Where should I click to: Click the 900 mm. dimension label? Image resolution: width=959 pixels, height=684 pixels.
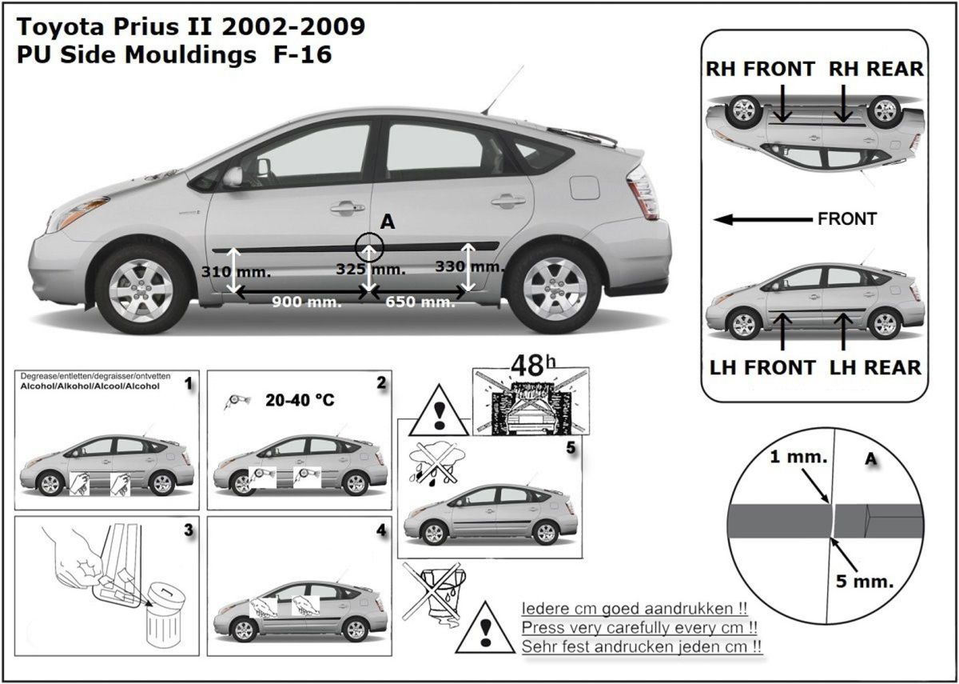point(307,302)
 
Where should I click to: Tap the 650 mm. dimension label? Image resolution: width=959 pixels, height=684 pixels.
point(420,302)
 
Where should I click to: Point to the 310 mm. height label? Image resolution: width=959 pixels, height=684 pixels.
point(236,272)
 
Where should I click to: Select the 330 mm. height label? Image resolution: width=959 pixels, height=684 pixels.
point(470,266)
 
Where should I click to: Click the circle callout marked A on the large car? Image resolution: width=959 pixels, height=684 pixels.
point(369,248)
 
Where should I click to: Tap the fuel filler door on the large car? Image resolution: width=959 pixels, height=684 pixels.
point(585,187)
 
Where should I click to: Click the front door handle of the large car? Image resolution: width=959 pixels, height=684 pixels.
point(347,207)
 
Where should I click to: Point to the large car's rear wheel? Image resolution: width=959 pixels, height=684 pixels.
point(555,289)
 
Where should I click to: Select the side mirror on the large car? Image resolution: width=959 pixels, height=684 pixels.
point(233,176)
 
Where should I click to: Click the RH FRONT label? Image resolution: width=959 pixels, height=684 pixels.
point(760,70)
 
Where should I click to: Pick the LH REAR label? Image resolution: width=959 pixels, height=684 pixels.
point(876,368)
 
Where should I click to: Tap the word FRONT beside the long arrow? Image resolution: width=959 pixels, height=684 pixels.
point(847,219)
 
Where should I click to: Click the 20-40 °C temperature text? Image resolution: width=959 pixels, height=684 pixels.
point(300,400)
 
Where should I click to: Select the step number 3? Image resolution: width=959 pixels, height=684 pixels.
point(189,530)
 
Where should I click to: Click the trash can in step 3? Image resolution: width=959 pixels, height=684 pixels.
point(165,616)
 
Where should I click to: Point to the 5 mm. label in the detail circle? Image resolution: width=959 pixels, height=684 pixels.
point(865,582)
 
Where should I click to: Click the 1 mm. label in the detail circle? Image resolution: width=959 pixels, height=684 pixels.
point(798,458)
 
